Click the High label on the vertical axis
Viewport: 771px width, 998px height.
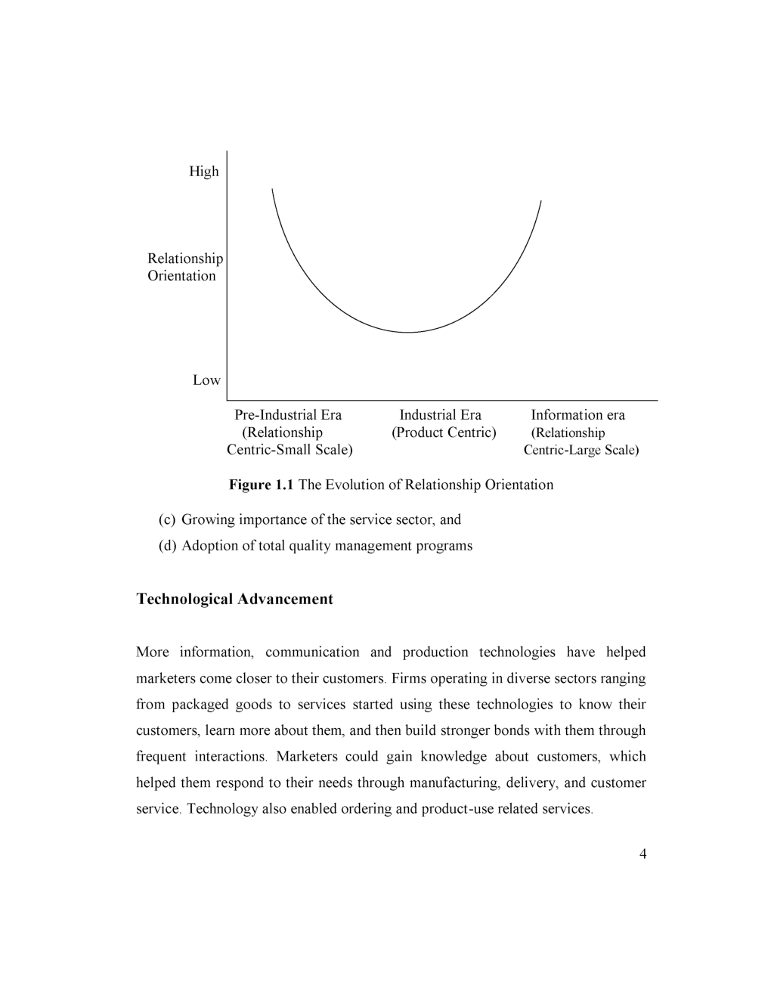click(203, 172)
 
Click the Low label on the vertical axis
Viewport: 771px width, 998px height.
click(206, 380)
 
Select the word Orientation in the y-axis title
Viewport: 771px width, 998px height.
click(181, 276)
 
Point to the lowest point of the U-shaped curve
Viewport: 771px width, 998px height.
click(407, 332)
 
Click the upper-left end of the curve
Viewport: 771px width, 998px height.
click(272, 189)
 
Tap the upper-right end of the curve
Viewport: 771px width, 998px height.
click(541, 201)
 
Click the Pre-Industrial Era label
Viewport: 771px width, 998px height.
click(288, 415)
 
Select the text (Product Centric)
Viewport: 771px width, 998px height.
click(444, 432)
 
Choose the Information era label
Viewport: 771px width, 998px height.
click(577, 415)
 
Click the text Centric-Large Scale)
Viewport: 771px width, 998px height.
click(581, 451)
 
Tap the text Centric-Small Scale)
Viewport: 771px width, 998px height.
click(290, 451)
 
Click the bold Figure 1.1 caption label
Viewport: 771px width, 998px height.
click(262, 485)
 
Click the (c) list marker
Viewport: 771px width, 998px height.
click(167, 520)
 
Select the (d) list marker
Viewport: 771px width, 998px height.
click(167, 546)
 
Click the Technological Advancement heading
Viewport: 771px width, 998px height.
click(234, 600)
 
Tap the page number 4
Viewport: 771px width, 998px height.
click(642, 854)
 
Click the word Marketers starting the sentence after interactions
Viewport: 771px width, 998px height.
click(306, 757)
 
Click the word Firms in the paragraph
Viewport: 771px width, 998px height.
click(408, 679)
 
